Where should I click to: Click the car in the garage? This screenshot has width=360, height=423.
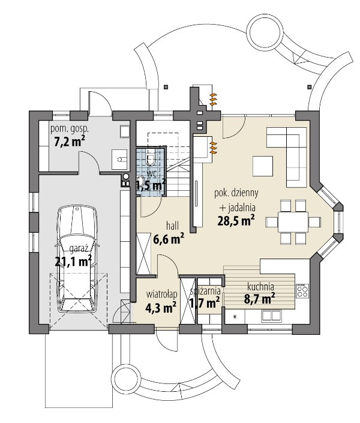[77, 259]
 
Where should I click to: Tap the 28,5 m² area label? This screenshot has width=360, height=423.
[236, 220]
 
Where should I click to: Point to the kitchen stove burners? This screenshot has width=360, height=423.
[302, 290]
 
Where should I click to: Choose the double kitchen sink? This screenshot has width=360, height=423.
[271, 316]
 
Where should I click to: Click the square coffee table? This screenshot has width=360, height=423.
[263, 166]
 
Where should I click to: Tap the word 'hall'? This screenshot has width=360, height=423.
[173, 226]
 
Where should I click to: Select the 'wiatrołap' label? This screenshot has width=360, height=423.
[161, 294]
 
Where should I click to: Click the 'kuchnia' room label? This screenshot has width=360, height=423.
[260, 286]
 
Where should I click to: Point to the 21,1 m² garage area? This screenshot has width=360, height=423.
[73, 260]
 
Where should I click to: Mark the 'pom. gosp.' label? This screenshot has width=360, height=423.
[70, 129]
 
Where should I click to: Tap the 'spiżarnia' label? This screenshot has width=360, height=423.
[205, 291]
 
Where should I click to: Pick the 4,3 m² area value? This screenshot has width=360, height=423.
[161, 307]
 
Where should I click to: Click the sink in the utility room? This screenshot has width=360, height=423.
[120, 160]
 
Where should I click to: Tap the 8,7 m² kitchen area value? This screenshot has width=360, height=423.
[260, 298]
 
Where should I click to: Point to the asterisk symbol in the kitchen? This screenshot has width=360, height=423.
[235, 317]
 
